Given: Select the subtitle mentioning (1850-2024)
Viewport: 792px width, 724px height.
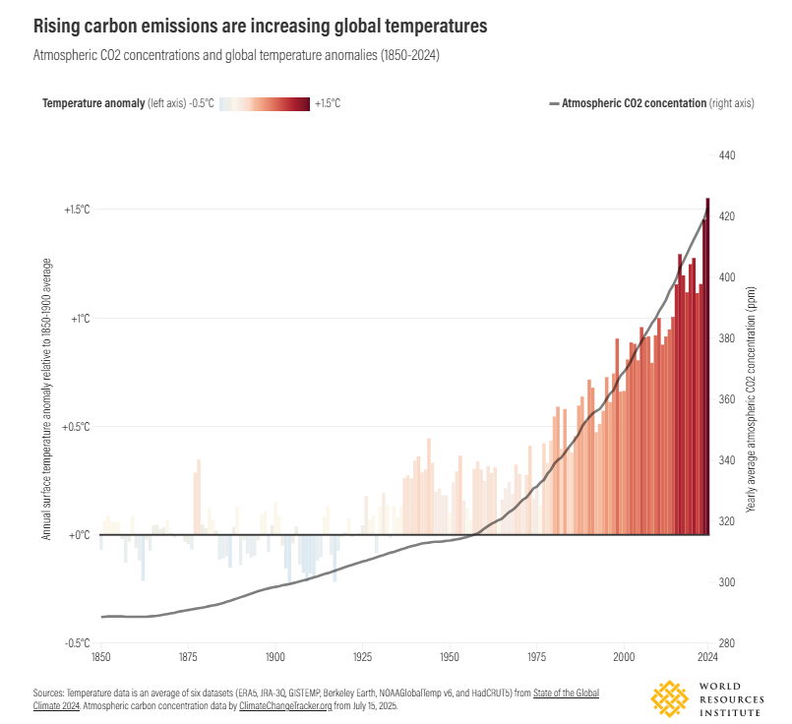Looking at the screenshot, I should click(x=235, y=57).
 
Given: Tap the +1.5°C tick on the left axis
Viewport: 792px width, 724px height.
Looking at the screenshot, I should click(x=77, y=211).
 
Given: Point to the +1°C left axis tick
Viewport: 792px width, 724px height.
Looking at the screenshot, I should click(x=80, y=319).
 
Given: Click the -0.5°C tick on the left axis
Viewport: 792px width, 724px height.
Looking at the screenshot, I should click(x=77, y=643).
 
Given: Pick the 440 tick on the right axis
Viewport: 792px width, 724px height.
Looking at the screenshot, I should click(x=728, y=155).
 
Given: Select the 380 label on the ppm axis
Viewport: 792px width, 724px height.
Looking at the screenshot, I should click(x=728, y=338).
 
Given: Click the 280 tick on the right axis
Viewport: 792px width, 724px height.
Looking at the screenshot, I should click(x=728, y=643).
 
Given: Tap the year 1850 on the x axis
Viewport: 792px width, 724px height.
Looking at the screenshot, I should click(x=100, y=657).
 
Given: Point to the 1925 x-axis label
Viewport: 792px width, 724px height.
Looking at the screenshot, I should click(x=363, y=657).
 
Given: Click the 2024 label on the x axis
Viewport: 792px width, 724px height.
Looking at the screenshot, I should click(x=706, y=657).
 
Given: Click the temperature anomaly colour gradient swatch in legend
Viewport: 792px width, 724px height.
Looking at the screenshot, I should click(x=265, y=103).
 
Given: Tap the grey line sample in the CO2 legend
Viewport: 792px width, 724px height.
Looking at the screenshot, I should click(x=553, y=103).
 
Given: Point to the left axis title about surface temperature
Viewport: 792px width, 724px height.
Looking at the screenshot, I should click(x=46, y=399).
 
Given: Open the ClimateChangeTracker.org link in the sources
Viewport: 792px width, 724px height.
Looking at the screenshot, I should click(x=296, y=706).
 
